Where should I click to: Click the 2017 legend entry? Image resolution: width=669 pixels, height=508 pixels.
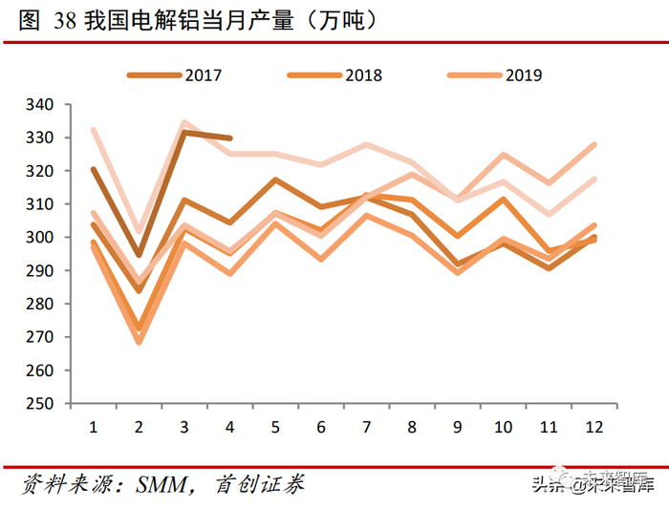pos(203,74)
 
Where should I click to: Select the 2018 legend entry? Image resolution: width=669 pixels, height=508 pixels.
pos(363,74)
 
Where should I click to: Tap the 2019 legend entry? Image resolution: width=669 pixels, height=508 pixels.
pos(523,74)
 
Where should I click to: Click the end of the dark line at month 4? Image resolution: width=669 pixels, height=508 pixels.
pos(230,138)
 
